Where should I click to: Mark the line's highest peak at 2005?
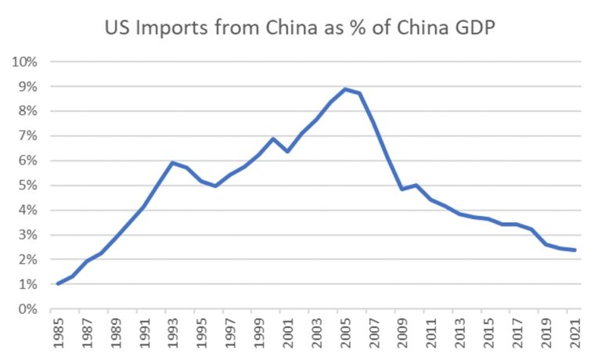click(345, 89)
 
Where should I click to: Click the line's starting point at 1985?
click(58, 283)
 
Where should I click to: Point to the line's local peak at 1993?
click(172, 163)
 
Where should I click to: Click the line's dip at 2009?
click(402, 189)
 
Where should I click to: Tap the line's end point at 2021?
click(575, 250)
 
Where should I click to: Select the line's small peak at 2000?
click(273, 139)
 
